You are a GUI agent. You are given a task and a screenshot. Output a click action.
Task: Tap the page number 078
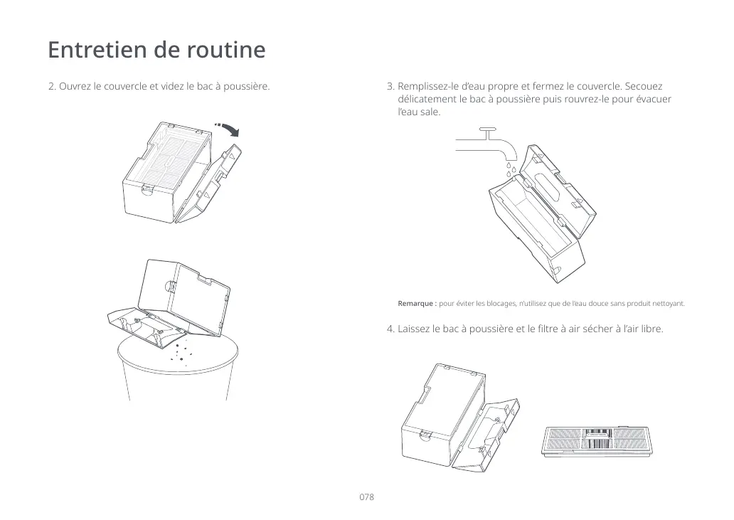click(x=366, y=497)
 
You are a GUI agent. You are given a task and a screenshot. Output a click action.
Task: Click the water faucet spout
click(x=507, y=150)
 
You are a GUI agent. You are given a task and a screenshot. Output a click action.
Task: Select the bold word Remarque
click(x=417, y=304)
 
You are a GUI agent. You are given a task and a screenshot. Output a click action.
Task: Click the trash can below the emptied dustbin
click(x=177, y=373)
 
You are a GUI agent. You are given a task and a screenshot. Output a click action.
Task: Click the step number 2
click(x=50, y=87)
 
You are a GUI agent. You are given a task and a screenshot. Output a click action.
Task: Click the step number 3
click(x=390, y=87)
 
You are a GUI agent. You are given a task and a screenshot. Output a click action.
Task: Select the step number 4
click(x=390, y=329)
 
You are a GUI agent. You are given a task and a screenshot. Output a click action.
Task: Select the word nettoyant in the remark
click(x=667, y=304)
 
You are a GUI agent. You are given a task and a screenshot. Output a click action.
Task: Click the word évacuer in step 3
click(x=652, y=100)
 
